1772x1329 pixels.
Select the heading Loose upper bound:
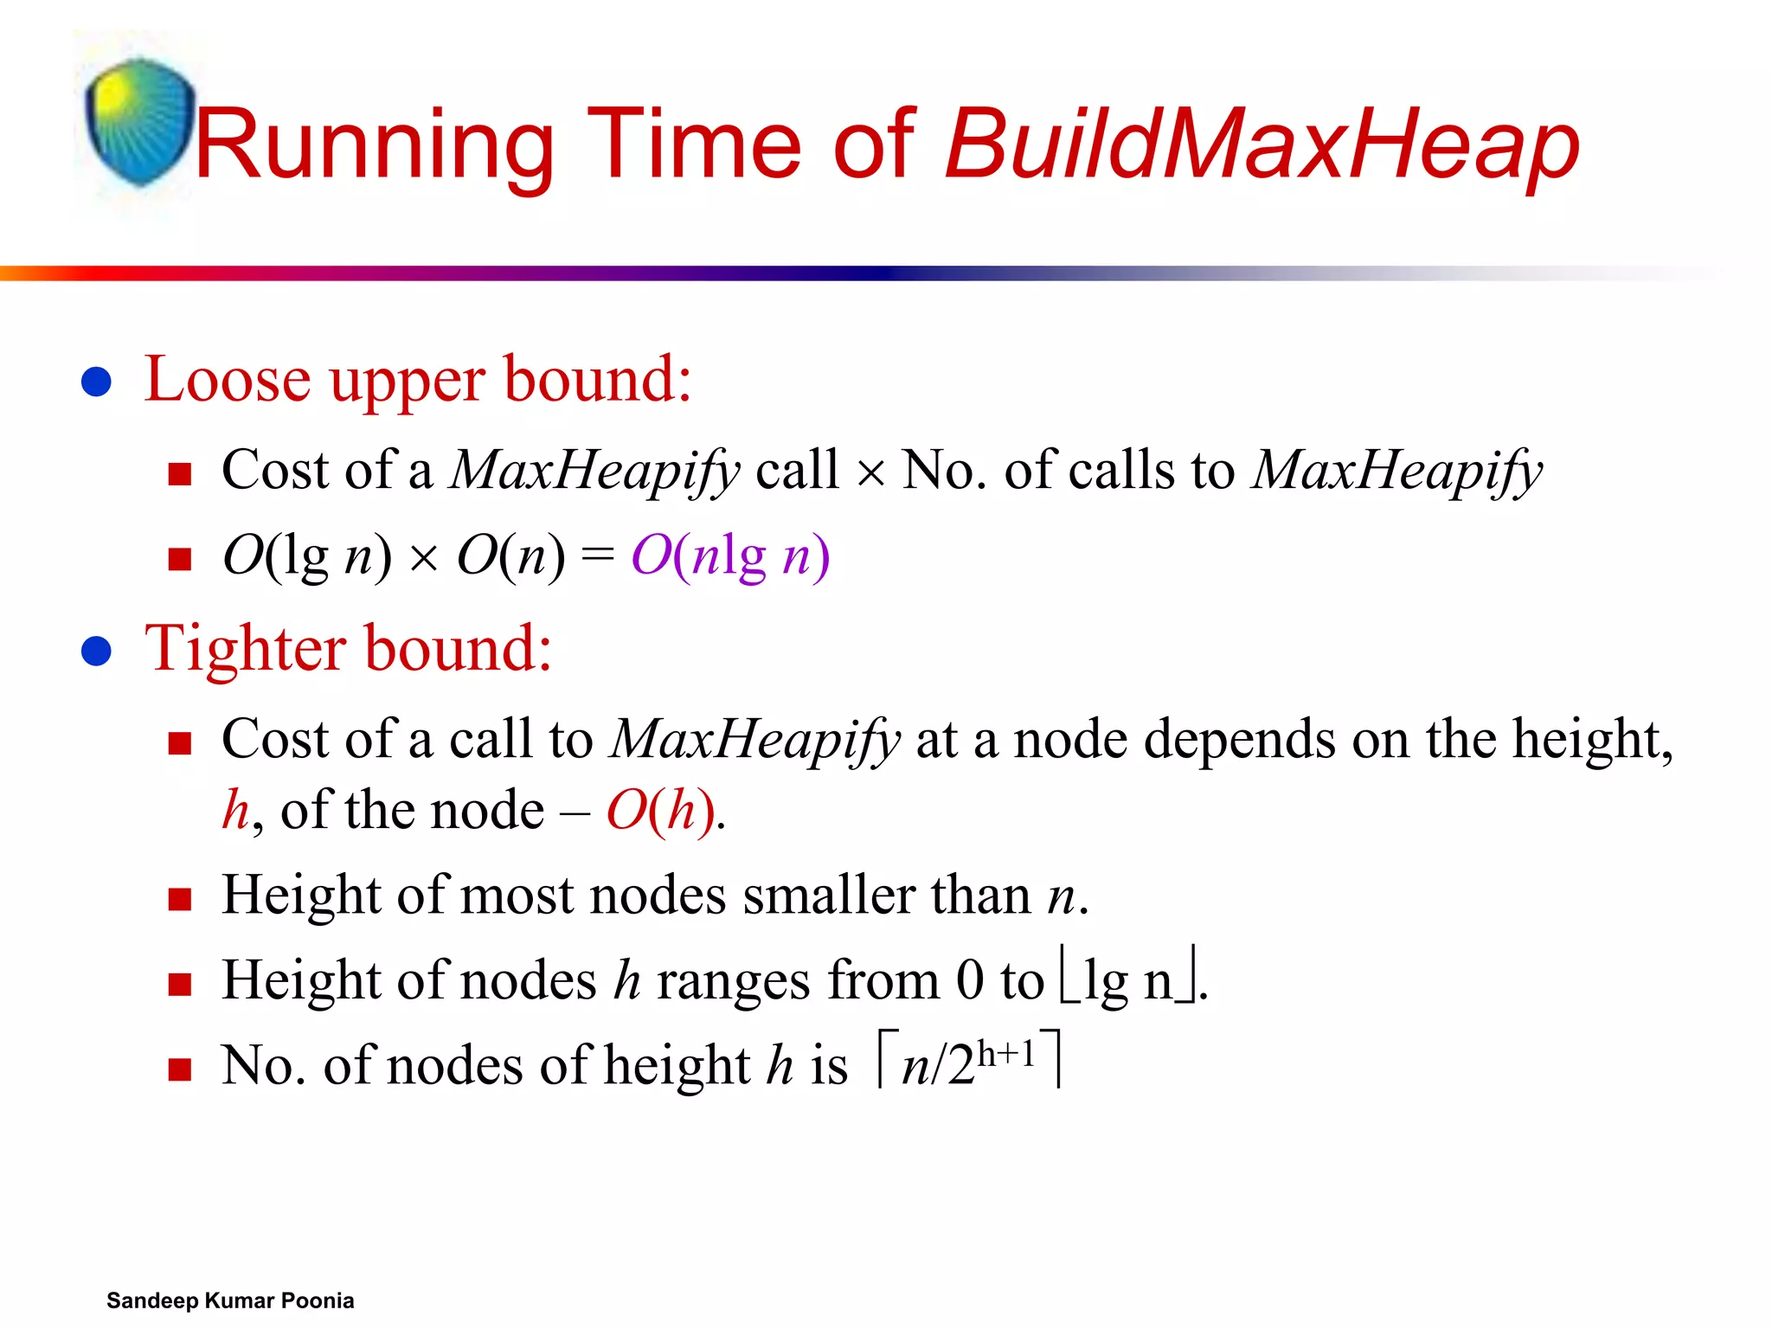pos(418,380)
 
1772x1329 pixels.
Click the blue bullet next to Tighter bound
pos(96,652)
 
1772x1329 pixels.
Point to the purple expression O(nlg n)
pos(730,555)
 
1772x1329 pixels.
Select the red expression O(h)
pos(661,812)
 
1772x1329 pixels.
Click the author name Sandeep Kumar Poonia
pos(230,1300)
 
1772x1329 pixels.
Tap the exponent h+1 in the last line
pos(1006,1054)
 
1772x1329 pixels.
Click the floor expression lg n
pos(1129,981)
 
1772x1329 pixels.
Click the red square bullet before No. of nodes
pos(179,1069)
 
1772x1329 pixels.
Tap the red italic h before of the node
pos(235,810)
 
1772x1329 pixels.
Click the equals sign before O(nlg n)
pos(597,555)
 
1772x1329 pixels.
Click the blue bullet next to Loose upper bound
pos(96,382)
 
